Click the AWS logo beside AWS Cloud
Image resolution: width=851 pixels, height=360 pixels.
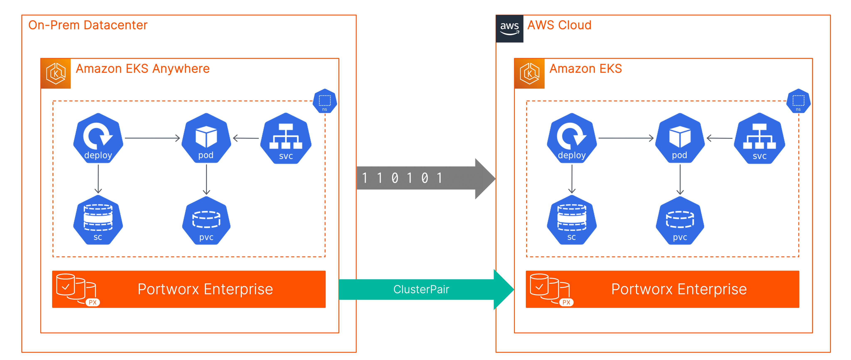pos(509,28)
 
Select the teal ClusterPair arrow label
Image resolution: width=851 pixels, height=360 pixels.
pos(421,289)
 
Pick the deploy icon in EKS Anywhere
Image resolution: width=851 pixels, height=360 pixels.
pos(98,138)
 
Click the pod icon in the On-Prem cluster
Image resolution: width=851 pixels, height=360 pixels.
pos(206,138)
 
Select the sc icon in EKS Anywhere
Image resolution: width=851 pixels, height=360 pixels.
pos(98,220)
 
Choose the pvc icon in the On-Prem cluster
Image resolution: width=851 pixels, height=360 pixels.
pos(206,221)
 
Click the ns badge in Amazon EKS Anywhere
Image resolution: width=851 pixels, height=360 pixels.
pos(325,101)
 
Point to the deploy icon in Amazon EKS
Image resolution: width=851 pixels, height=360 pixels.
pos(572,138)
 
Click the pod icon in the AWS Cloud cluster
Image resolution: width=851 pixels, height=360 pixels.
pos(680,138)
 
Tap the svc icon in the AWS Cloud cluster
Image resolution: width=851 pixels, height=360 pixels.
pos(760,139)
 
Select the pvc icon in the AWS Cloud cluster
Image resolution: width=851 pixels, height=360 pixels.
pos(680,221)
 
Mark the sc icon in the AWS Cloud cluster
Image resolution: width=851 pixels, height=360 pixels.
pos(572,220)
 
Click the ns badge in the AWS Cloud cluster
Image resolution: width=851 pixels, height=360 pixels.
pos(798,101)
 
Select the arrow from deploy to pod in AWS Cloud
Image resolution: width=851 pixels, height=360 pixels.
pos(626,138)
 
